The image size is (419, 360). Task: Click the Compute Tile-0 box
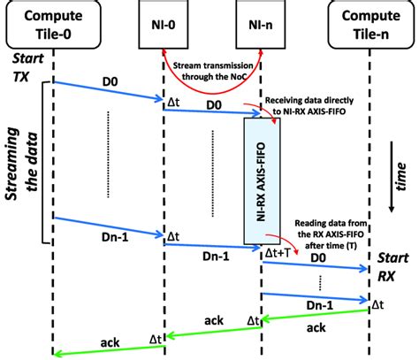(52, 25)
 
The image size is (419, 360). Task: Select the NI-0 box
(164, 23)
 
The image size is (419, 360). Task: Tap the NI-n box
(262, 23)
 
